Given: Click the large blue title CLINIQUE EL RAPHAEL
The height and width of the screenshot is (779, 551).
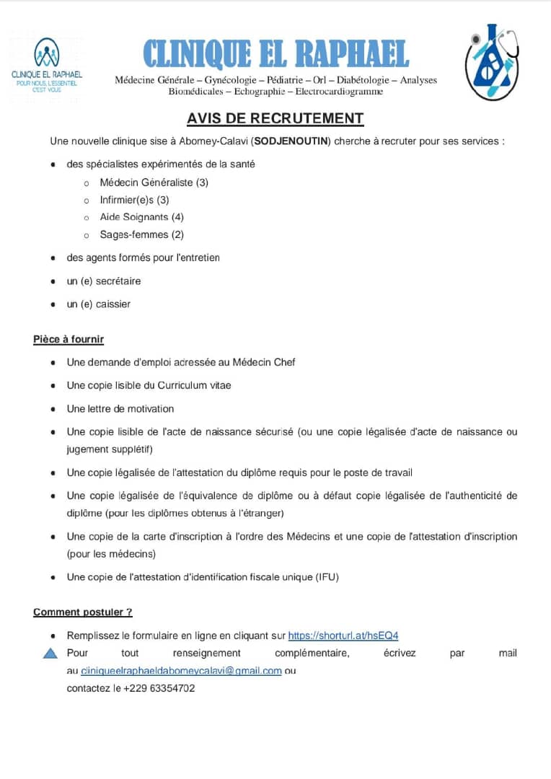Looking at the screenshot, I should [x=276, y=54].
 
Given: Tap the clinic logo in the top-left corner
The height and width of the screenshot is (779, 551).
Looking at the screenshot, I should [x=47, y=64].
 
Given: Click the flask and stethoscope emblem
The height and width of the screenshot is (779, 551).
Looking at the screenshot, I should [x=492, y=61].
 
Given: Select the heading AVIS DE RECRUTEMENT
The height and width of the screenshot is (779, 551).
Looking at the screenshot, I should [x=275, y=118].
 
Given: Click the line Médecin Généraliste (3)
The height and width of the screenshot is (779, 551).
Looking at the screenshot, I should [x=154, y=182].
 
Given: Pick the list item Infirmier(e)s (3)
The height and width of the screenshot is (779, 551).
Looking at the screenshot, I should [x=135, y=200].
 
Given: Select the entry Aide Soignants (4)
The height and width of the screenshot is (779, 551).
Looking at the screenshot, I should [x=142, y=217].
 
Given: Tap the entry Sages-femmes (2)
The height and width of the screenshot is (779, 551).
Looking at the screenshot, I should [x=142, y=234].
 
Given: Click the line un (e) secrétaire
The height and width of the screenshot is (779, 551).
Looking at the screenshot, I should [x=104, y=281].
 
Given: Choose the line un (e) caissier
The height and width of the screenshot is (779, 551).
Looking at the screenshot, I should [x=99, y=304].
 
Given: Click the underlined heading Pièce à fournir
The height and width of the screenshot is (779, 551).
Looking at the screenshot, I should [x=69, y=339].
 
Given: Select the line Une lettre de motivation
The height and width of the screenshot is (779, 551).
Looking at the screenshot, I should [x=120, y=409].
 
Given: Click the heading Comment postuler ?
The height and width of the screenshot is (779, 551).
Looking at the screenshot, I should [x=83, y=612].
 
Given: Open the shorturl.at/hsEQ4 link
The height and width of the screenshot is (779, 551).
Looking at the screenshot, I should [x=343, y=635].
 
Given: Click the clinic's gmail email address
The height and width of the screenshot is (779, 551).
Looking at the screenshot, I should [x=181, y=671].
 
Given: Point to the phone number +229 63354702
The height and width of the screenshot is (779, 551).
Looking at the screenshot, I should [x=159, y=688].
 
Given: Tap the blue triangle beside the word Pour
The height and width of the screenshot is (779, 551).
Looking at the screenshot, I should [x=50, y=654].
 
